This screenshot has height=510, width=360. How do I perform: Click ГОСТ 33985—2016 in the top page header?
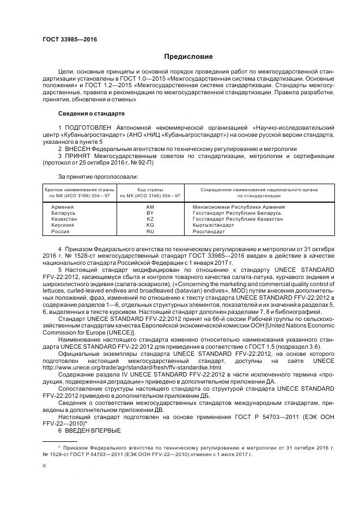pyautogui.click(x=65, y=40)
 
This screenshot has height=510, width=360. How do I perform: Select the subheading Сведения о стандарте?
pyautogui.click(x=91, y=113)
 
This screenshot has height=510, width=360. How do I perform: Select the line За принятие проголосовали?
pyautogui.click(x=98, y=177)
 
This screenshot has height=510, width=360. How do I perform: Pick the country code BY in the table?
pyautogui.click(x=150, y=213)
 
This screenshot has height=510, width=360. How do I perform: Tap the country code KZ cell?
pyautogui.click(x=150, y=219)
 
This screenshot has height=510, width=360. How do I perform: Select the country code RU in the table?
pyautogui.click(x=150, y=231)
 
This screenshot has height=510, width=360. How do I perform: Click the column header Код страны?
pyautogui.click(x=150, y=190)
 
